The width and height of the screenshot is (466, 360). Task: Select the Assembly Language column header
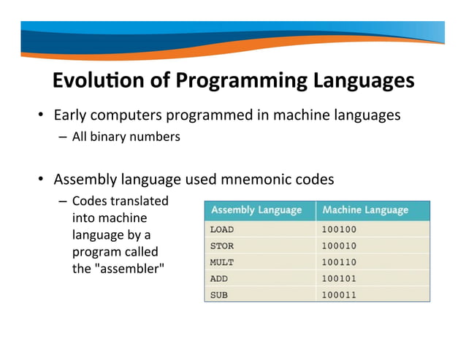[256, 210]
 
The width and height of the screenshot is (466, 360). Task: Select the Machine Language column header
[365, 210]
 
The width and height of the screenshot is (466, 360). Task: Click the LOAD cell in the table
[222, 229]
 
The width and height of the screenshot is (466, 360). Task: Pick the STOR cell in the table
[222, 246]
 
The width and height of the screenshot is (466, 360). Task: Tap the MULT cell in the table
[222, 262]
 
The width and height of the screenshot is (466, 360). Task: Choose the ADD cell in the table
[219, 278]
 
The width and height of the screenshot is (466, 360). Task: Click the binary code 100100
[340, 229]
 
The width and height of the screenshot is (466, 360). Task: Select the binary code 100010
[340, 246]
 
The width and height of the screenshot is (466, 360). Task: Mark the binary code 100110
[340, 262]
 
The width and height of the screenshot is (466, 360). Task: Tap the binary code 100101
[340, 278]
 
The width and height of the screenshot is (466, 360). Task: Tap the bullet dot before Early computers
[42, 115]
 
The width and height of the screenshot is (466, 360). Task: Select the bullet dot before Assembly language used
[42, 180]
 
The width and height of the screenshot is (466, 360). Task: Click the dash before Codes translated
[62, 201]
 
